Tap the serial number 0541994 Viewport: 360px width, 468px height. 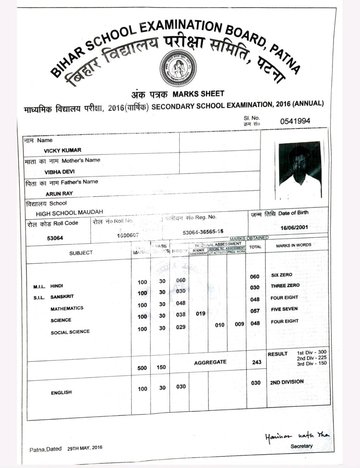point(295,121)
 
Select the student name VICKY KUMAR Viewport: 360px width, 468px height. point(63,150)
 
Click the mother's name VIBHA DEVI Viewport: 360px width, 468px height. point(59,172)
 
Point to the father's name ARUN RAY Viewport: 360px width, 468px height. point(59,193)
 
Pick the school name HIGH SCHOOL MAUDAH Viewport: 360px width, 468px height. point(69,212)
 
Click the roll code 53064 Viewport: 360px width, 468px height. point(55,238)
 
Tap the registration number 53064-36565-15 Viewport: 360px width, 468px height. point(203,232)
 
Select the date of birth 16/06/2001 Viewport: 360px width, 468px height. point(294,227)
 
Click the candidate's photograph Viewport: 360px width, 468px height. point(300,170)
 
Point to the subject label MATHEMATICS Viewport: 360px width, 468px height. point(67,309)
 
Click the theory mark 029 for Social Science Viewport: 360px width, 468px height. point(181,327)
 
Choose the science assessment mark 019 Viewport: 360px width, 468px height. point(200,313)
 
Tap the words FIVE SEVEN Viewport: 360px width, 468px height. point(284,309)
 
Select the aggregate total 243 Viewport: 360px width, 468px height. point(257,362)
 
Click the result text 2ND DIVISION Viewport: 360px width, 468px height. point(287,382)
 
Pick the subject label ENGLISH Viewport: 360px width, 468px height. point(61,392)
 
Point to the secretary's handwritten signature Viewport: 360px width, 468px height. point(297,435)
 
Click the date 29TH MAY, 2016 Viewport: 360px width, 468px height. point(85,448)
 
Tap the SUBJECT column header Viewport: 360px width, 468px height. point(81,253)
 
